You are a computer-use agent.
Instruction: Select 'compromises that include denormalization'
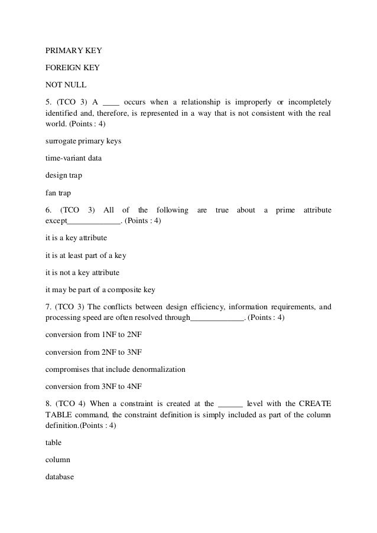coord(116,369)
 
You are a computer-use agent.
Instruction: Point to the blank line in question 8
coord(230,404)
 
